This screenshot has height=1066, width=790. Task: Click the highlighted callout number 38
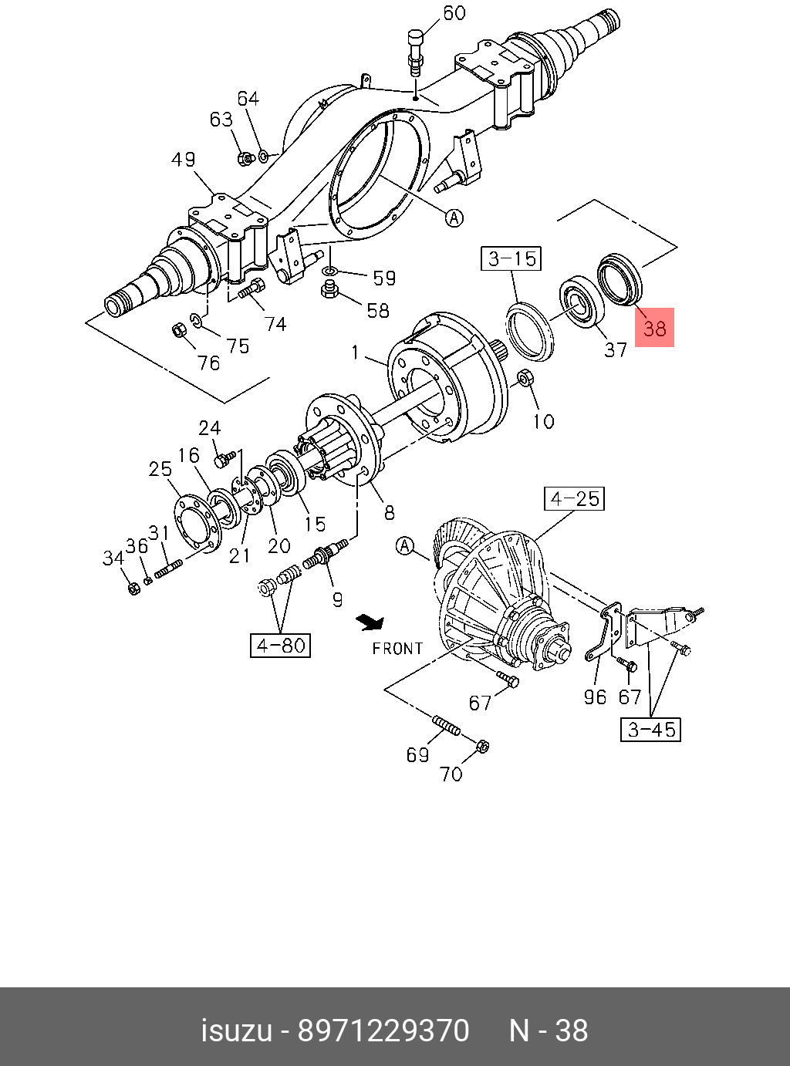(x=654, y=327)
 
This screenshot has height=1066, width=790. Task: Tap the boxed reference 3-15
(x=512, y=258)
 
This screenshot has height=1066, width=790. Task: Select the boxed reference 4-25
(x=574, y=498)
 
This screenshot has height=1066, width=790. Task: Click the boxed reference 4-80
(x=280, y=645)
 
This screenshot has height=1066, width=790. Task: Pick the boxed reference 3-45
(x=651, y=729)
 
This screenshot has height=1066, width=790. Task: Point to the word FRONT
(x=397, y=649)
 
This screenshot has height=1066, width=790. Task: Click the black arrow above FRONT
(x=370, y=620)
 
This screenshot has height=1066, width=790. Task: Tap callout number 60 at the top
(x=454, y=13)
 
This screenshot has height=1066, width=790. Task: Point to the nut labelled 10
(x=524, y=379)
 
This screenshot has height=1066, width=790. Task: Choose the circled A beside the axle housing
(x=455, y=218)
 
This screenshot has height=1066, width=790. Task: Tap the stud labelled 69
(x=447, y=725)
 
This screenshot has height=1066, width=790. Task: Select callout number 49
(x=183, y=160)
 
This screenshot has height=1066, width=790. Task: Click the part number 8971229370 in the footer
(x=383, y=1031)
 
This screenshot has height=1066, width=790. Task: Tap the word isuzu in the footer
(x=236, y=1031)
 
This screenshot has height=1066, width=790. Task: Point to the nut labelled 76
(x=177, y=331)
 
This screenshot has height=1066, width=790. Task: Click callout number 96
(x=595, y=697)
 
